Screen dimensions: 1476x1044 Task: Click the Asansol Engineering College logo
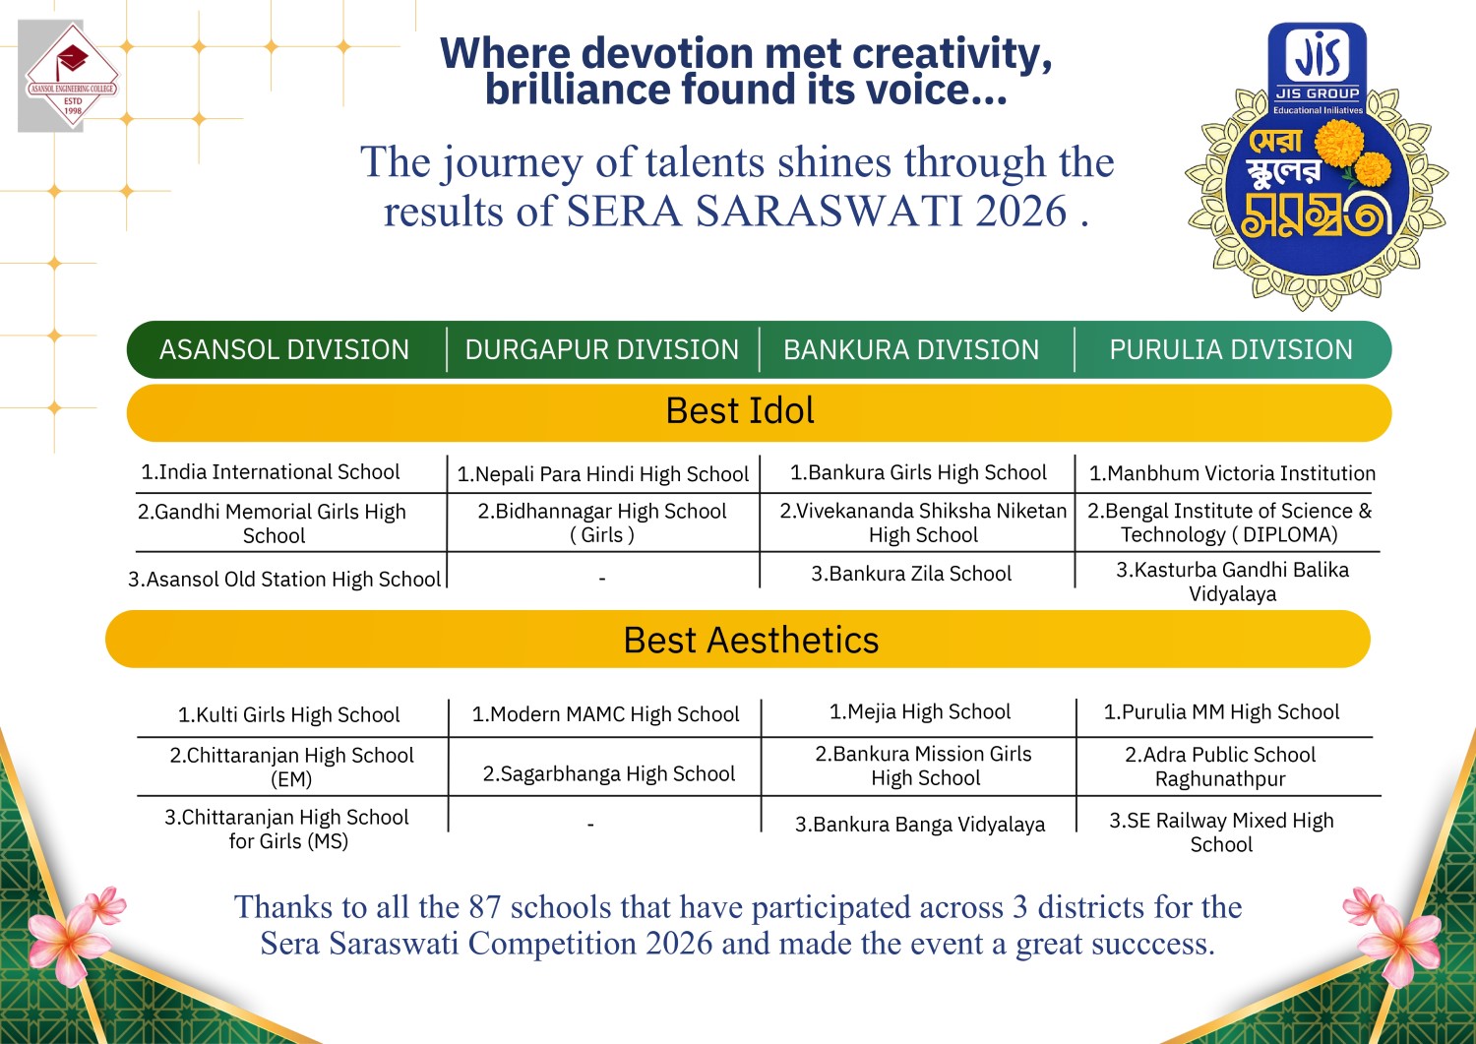(72, 76)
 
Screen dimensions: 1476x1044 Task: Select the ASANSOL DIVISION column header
(284, 349)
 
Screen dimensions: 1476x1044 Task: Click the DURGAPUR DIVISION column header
(602, 349)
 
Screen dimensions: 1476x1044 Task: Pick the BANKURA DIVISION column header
(911, 349)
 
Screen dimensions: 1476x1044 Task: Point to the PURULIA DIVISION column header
(1231, 349)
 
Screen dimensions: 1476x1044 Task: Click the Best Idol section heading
(740, 410)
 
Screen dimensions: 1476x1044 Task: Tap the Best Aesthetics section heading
(751, 640)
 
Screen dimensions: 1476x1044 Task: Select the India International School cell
(271, 472)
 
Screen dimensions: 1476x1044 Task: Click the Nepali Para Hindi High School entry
(603, 474)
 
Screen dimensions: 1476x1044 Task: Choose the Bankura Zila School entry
(911, 574)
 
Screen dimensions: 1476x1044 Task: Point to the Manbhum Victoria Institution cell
(1232, 473)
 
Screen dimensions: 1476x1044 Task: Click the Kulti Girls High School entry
(288, 714)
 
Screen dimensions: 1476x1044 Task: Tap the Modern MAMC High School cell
(605, 713)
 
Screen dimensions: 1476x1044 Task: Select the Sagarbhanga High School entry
(609, 773)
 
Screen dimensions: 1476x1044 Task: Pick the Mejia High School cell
(920, 711)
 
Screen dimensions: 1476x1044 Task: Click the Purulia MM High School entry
(1222, 711)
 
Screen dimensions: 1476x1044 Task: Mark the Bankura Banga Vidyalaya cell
(920, 825)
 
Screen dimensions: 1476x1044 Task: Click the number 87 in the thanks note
(485, 907)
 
